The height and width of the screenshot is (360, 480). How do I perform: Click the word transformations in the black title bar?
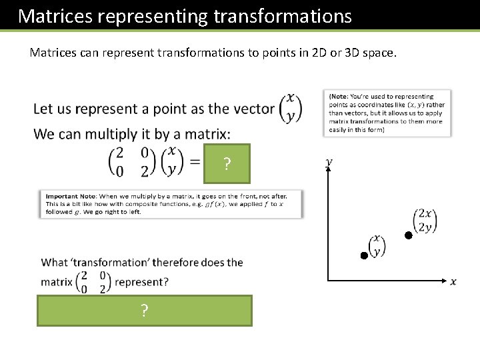tap(283, 16)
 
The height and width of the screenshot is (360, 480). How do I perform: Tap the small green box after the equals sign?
tap(227, 163)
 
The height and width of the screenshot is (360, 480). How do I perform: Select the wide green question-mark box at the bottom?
tap(144, 311)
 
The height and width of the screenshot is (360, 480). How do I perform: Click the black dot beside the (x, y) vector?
tap(364, 255)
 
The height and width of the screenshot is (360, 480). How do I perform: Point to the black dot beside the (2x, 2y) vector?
tap(408, 236)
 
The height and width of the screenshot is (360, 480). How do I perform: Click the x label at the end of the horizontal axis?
tap(453, 281)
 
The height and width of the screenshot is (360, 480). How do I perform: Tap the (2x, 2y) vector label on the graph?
tap(425, 221)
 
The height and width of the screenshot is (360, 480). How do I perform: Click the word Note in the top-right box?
tap(341, 97)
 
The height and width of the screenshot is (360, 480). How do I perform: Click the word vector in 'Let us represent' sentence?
tap(252, 109)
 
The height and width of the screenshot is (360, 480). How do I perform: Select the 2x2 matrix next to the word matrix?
tap(93, 281)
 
